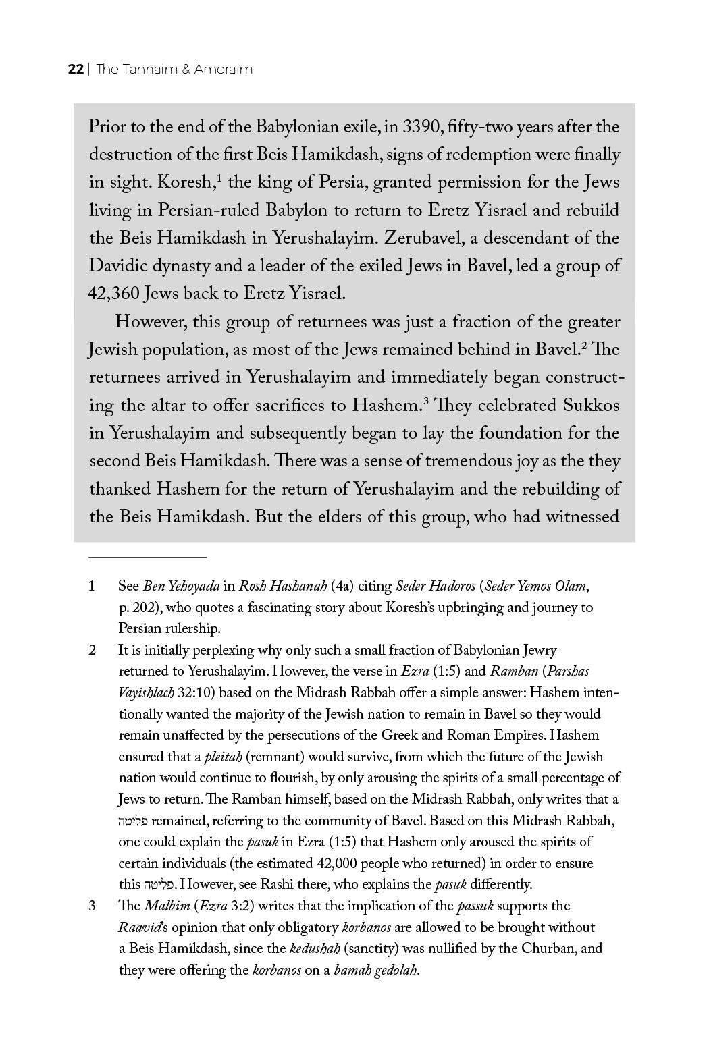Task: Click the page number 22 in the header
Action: click(x=75, y=70)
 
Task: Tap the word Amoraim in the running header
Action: click(x=223, y=70)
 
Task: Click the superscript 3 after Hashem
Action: click(x=426, y=401)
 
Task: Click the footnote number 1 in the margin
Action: click(x=91, y=586)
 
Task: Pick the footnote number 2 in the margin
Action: click(x=92, y=651)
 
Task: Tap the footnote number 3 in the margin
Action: click(x=92, y=906)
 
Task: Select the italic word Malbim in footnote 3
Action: click(x=162, y=906)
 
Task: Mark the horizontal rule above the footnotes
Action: click(x=147, y=557)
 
